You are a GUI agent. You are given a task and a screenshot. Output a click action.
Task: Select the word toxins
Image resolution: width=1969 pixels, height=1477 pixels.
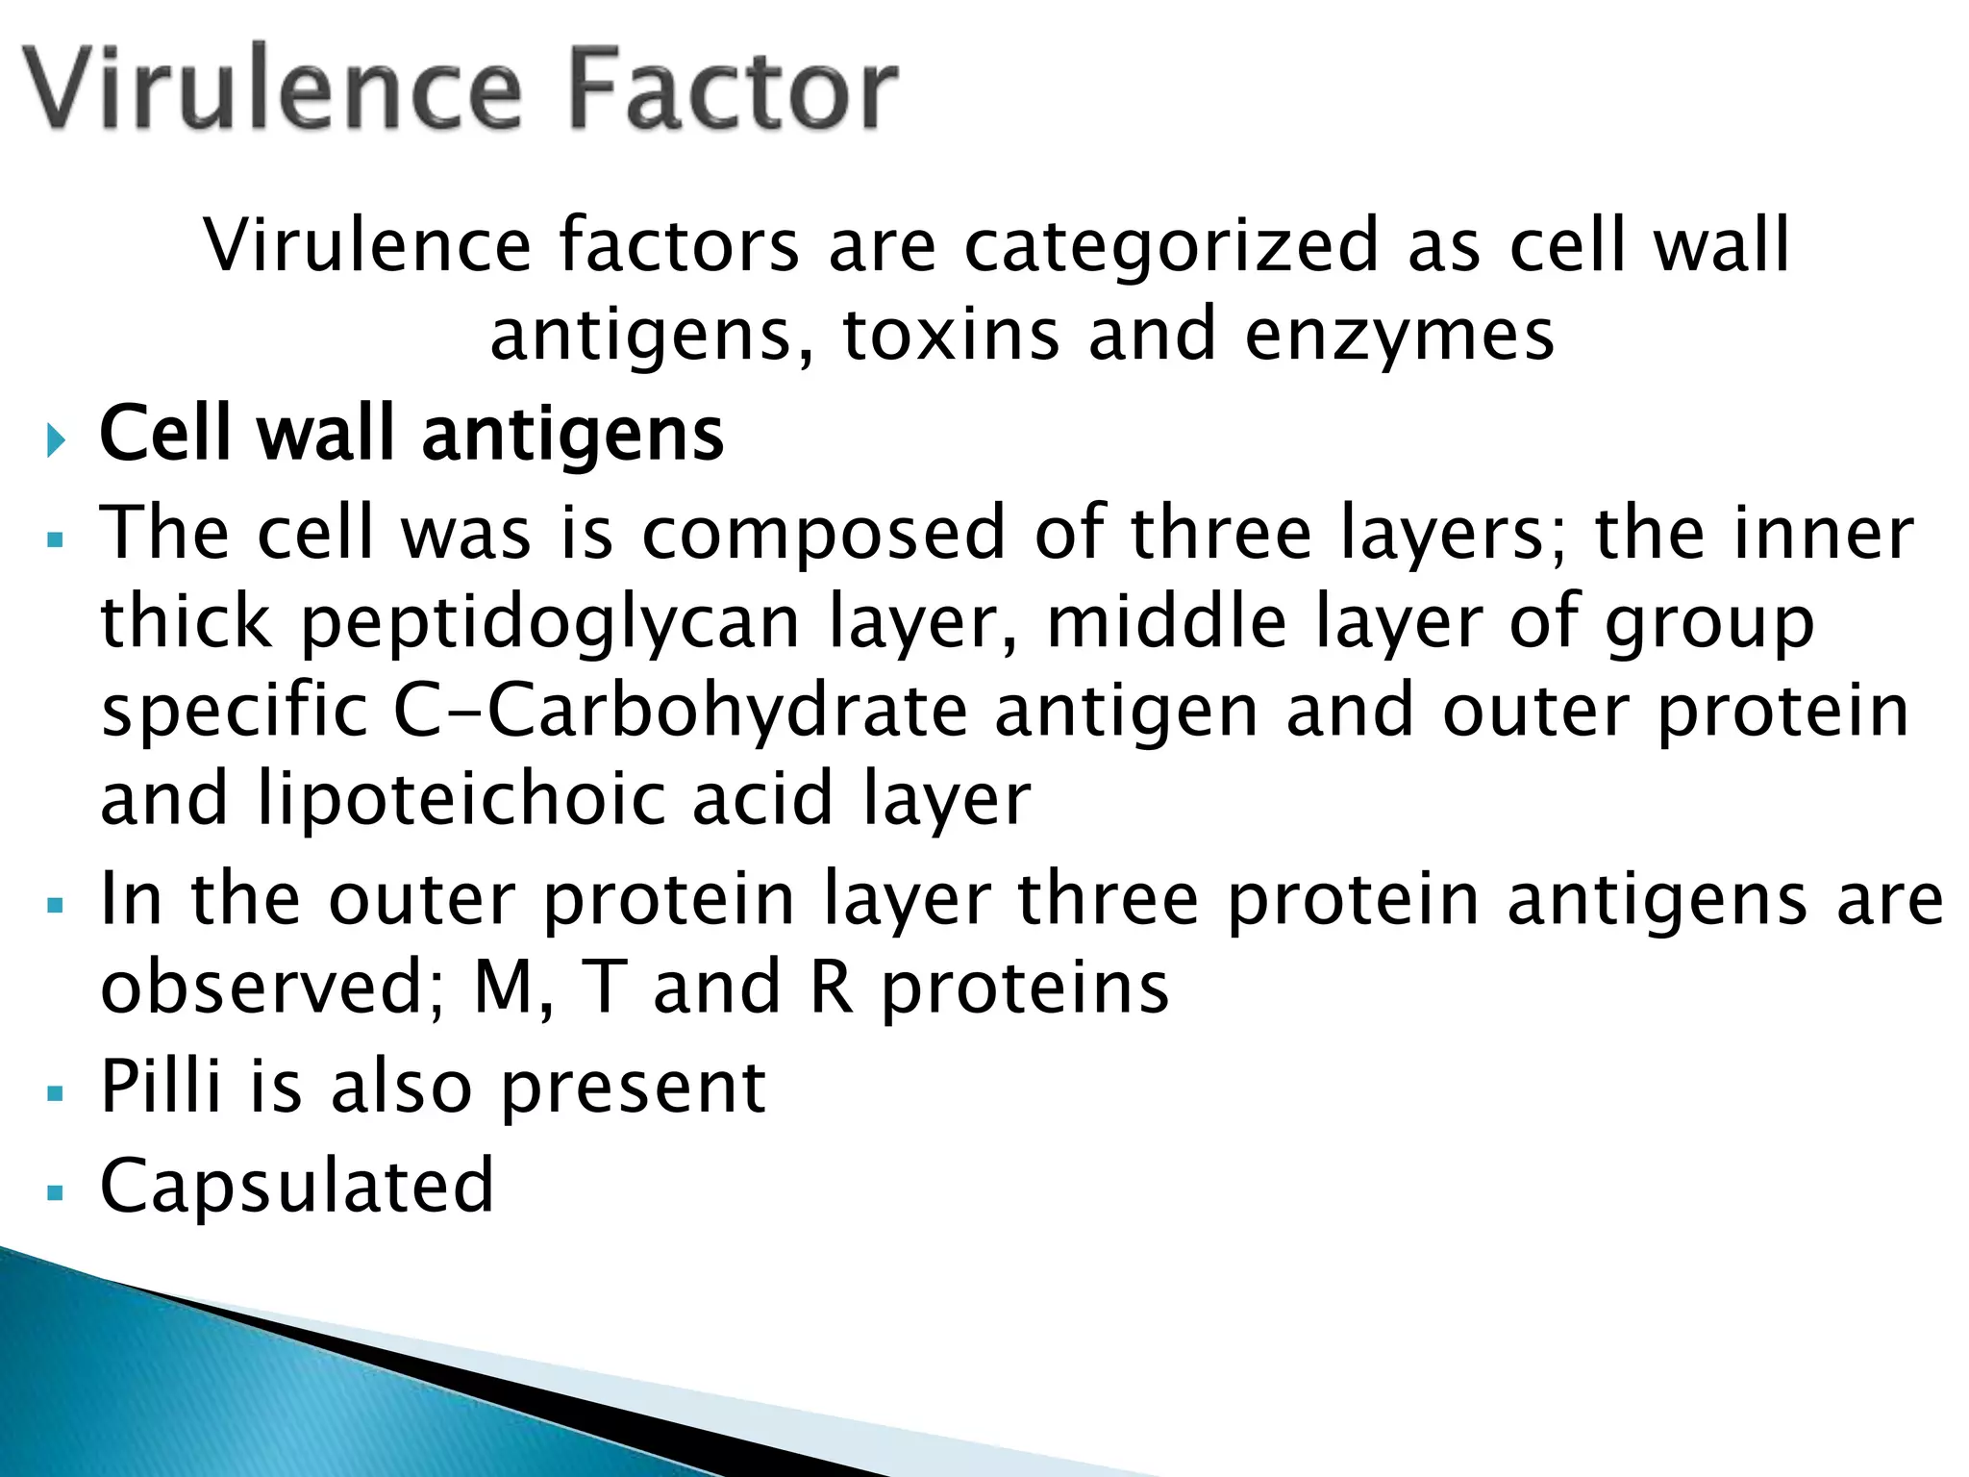[x=951, y=335]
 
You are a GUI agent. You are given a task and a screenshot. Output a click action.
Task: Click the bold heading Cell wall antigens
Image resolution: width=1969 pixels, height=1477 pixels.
[x=411, y=435]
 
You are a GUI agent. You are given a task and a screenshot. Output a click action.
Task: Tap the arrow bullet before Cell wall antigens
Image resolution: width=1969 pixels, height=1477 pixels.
[x=57, y=441]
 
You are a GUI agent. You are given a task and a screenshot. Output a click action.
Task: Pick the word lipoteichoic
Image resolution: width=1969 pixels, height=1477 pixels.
[x=461, y=799]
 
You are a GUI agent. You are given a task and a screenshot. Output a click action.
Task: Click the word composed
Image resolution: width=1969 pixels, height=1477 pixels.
[x=823, y=534]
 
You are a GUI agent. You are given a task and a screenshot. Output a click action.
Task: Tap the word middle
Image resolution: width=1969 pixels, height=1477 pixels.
[x=1165, y=621]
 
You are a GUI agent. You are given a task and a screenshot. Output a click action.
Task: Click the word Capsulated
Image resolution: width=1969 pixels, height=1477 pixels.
[x=297, y=1186]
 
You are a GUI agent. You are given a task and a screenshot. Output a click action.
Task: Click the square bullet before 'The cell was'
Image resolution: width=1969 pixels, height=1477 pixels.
[x=55, y=540]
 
